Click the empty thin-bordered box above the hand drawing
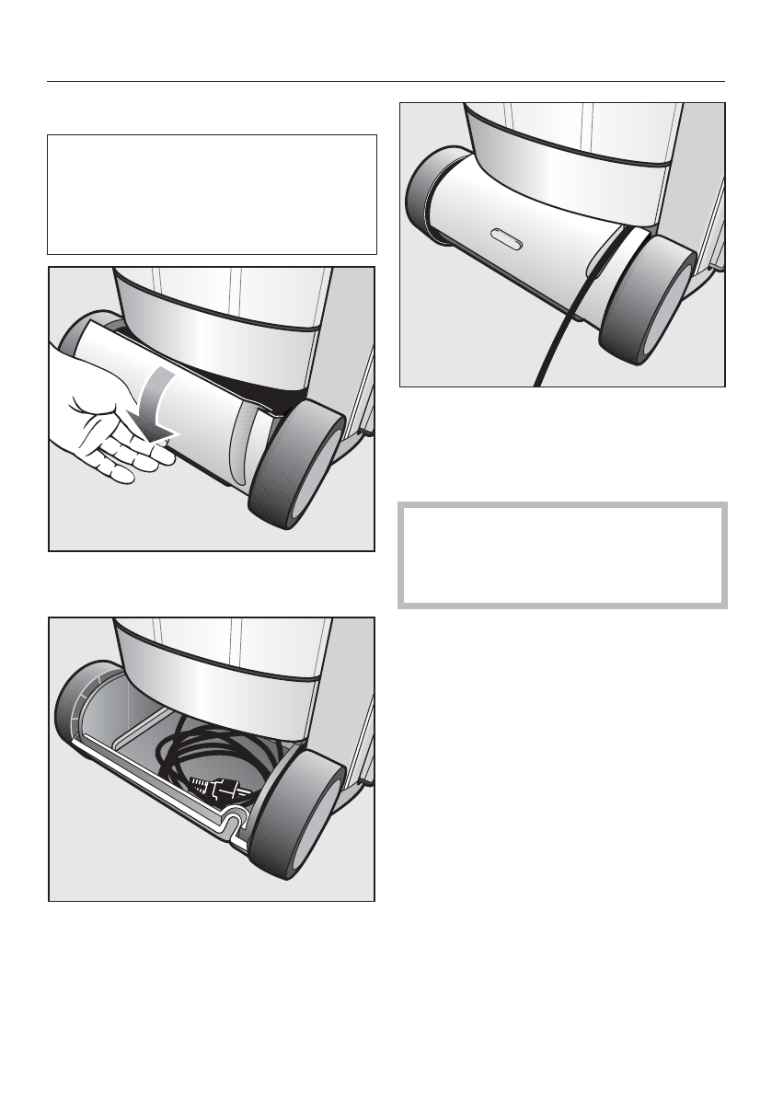pyautogui.click(x=212, y=194)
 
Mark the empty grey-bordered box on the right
pyautogui.click(x=562, y=555)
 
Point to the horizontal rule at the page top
pyautogui.click(x=386, y=82)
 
